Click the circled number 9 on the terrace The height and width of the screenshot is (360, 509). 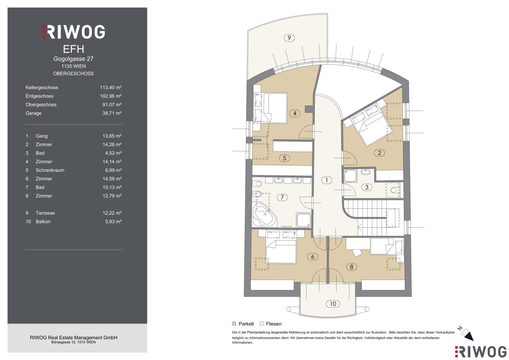coord(289,38)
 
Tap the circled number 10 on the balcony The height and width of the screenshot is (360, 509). coord(333,304)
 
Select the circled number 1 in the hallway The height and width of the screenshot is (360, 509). coord(327,180)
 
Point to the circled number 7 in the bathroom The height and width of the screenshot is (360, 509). coord(282,197)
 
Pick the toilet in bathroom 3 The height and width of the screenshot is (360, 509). coord(395,190)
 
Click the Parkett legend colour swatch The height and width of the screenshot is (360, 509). coord(234,324)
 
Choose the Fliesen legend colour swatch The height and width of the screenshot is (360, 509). coord(262,324)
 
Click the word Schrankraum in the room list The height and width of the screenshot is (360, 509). coord(50,170)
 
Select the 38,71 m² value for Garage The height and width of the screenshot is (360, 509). coord(112,113)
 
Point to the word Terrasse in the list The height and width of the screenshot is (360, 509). coord(45,213)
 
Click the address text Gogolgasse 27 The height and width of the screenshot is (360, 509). coord(73,59)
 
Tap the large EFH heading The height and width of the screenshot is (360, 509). coord(74,49)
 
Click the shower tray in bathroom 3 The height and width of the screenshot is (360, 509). coord(350,176)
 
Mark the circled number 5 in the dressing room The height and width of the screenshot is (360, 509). coord(284,158)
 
